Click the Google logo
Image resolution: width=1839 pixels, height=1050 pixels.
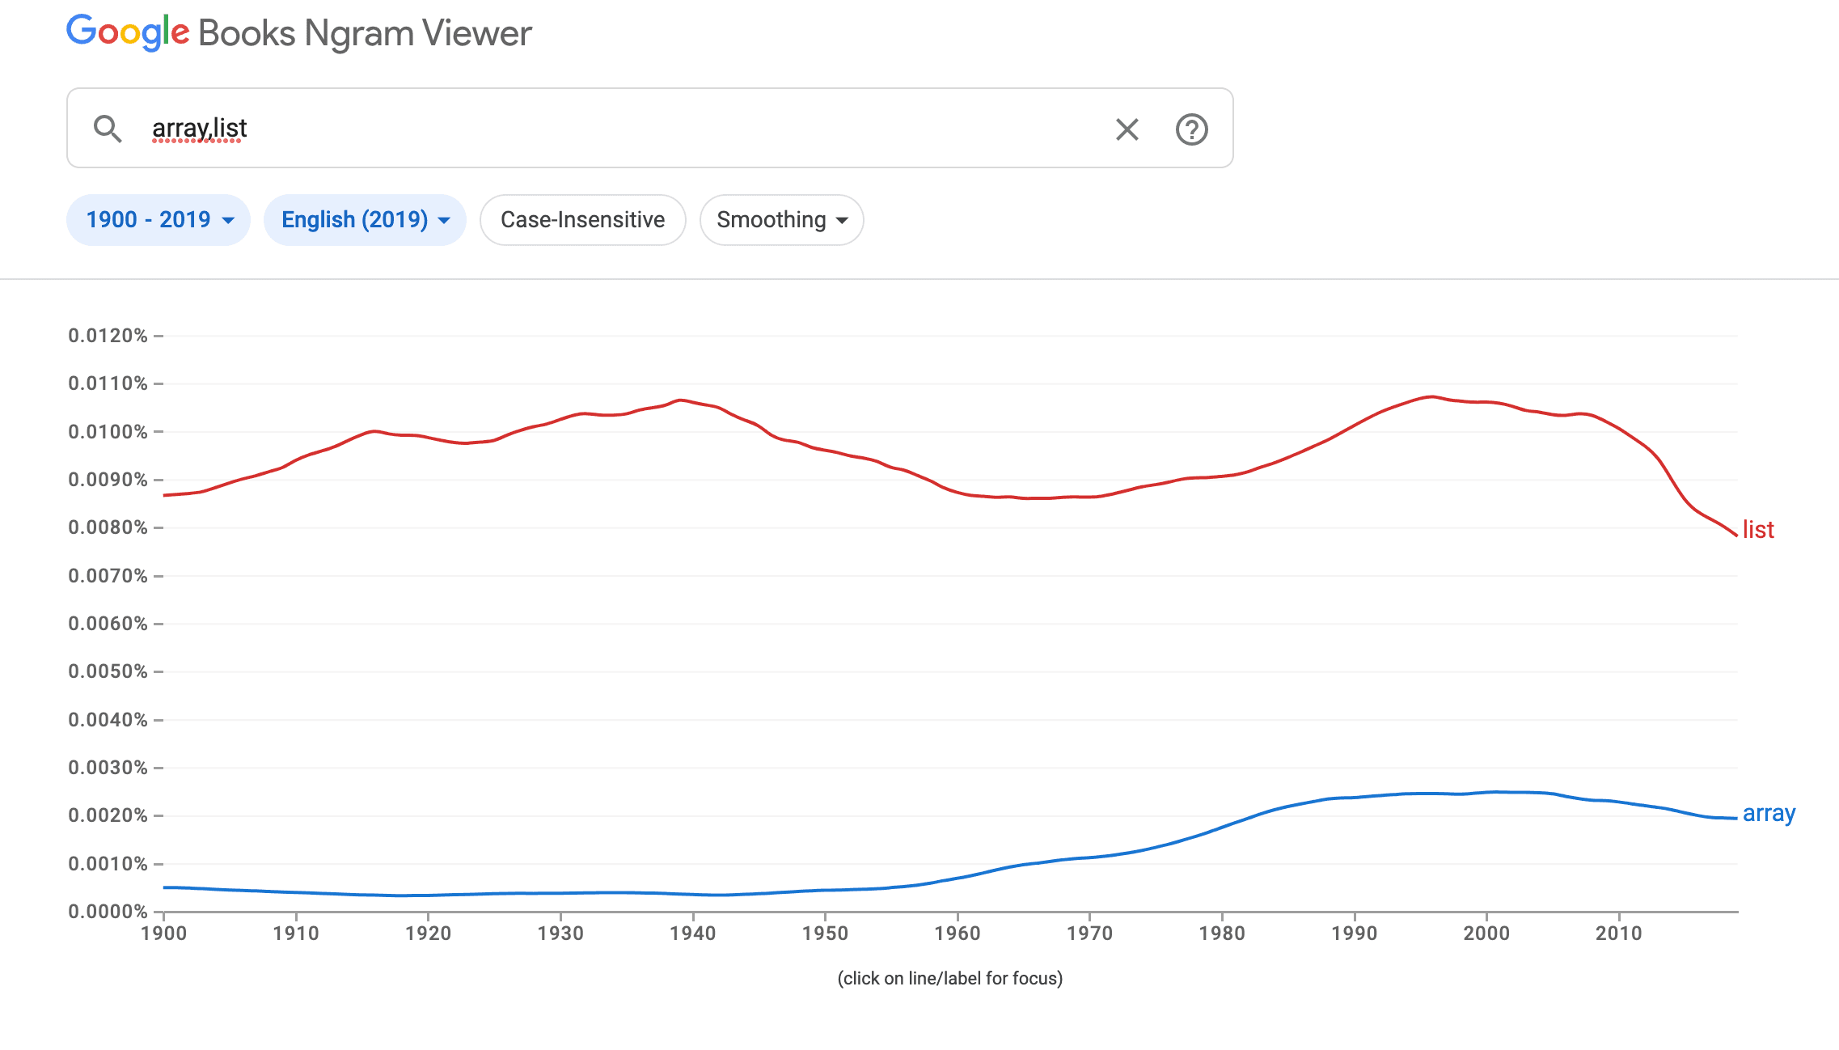128,32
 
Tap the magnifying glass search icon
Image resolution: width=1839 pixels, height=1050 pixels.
107,129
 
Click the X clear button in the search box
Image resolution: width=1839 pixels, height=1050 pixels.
1127,129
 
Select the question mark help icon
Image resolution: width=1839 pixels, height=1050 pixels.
1191,129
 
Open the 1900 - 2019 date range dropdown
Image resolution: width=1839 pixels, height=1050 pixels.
159,220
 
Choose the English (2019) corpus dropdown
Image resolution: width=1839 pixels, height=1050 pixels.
365,220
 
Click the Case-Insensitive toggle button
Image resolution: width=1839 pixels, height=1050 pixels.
582,220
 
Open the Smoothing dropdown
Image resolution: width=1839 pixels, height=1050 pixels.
781,220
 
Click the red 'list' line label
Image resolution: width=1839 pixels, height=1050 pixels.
1757,530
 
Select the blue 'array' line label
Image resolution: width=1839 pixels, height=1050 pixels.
1769,813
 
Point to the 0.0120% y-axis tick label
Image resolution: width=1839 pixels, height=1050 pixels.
108,336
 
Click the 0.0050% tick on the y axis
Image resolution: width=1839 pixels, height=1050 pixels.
108,671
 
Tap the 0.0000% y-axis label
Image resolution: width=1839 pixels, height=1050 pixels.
108,912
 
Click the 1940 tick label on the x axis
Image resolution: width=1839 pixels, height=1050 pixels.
692,934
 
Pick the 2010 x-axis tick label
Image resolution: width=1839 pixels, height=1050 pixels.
1618,934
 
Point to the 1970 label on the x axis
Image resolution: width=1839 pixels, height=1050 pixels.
1089,934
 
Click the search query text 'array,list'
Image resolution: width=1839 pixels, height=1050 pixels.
200,129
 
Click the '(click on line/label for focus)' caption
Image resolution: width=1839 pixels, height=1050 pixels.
949,978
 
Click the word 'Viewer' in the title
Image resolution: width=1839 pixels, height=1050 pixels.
477,33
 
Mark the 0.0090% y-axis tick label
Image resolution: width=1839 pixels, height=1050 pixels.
108,480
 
